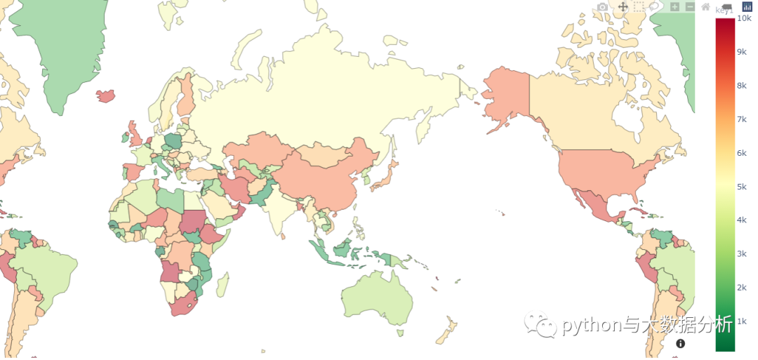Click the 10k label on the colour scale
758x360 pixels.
click(x=743, y=18)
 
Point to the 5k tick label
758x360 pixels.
click(x=741, y=187)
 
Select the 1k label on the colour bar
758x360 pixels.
click(x=741, y=321)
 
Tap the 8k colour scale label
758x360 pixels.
click(x=741, y=86)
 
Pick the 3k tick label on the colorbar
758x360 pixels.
click(x=741, y=253)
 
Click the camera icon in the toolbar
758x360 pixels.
click(x=602, y=7)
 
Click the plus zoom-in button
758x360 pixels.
click(x=674, y=7)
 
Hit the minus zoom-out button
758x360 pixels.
click(x=690, y=7)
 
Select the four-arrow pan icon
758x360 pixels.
click(x=623, y=6)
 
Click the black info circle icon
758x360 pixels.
click(x=680, y=343)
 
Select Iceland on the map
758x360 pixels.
click(x=106, y=95)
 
